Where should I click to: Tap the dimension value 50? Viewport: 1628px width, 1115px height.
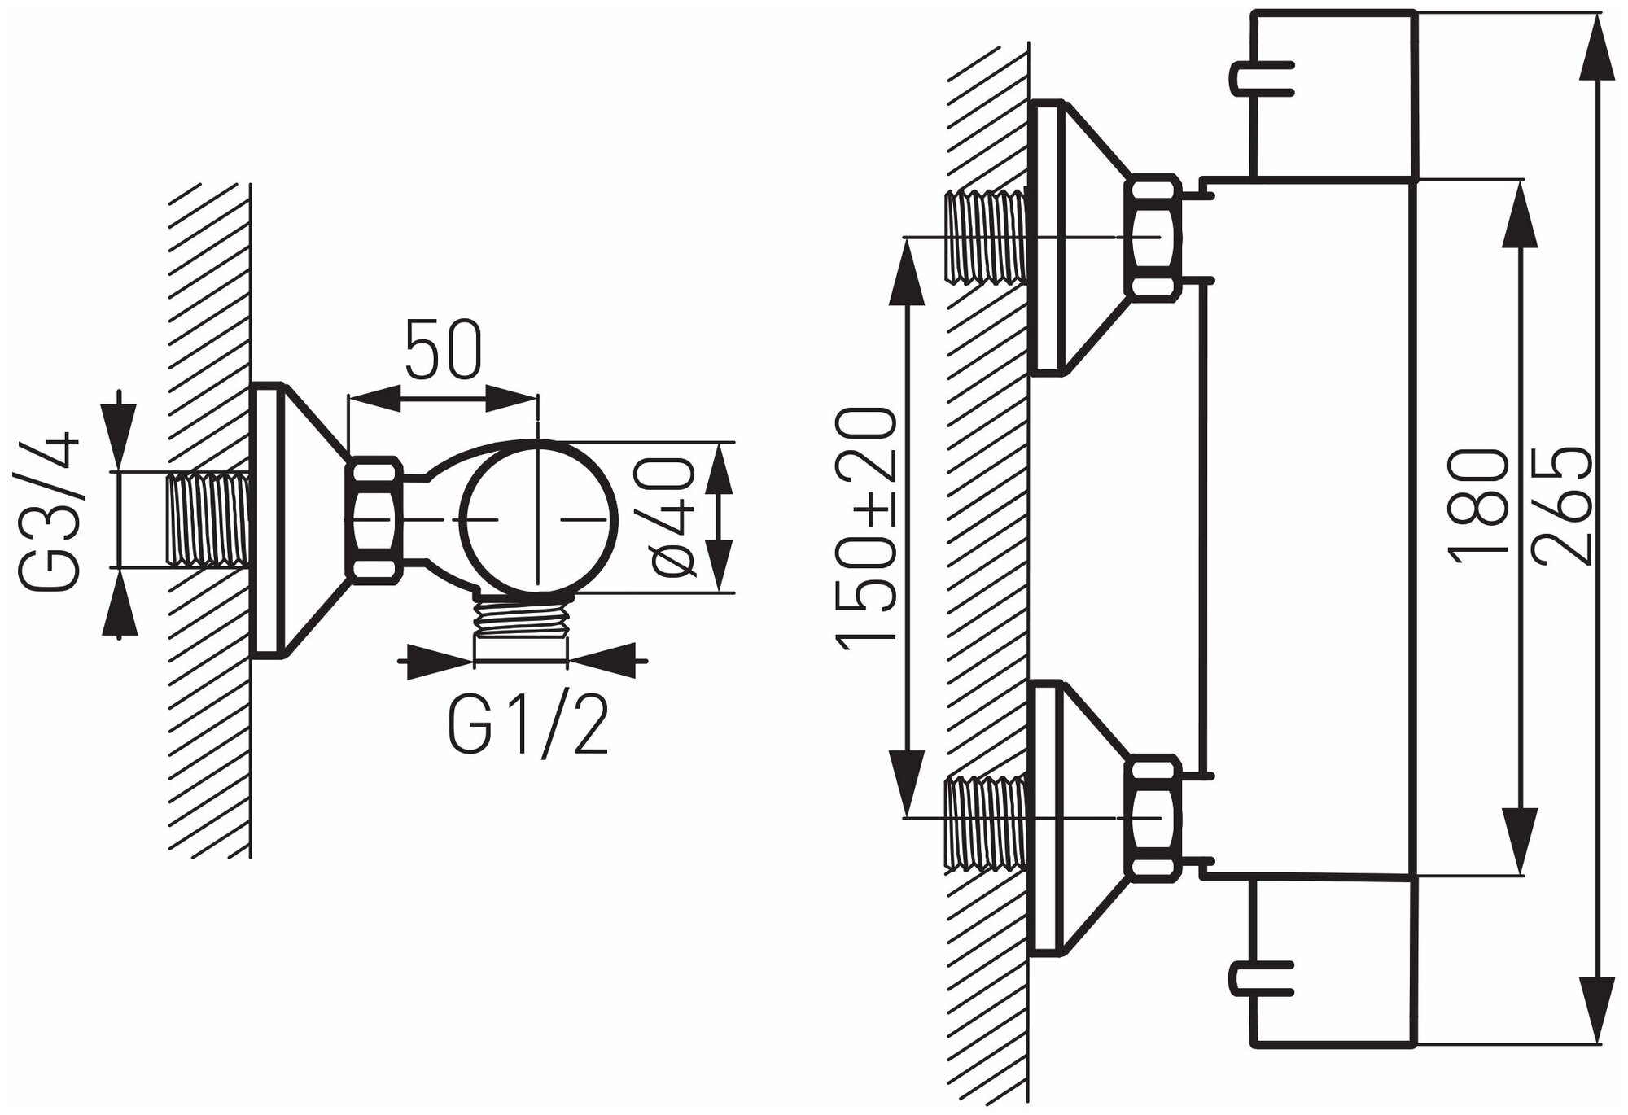point(444,350)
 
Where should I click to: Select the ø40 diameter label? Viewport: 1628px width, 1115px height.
point(674,517)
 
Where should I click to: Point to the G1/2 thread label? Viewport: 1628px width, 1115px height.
point(528,724)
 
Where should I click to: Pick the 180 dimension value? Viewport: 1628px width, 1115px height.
point(1477,505)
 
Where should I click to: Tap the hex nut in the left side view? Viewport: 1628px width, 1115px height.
point(375,520)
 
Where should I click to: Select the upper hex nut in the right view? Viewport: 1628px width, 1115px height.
point(1152,236)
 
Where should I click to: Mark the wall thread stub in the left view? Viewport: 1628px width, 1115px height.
point(208,519)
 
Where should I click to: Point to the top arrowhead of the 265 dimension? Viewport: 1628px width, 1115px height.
point(1597,49)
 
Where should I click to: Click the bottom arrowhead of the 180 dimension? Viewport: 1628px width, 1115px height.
point(1518,846)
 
